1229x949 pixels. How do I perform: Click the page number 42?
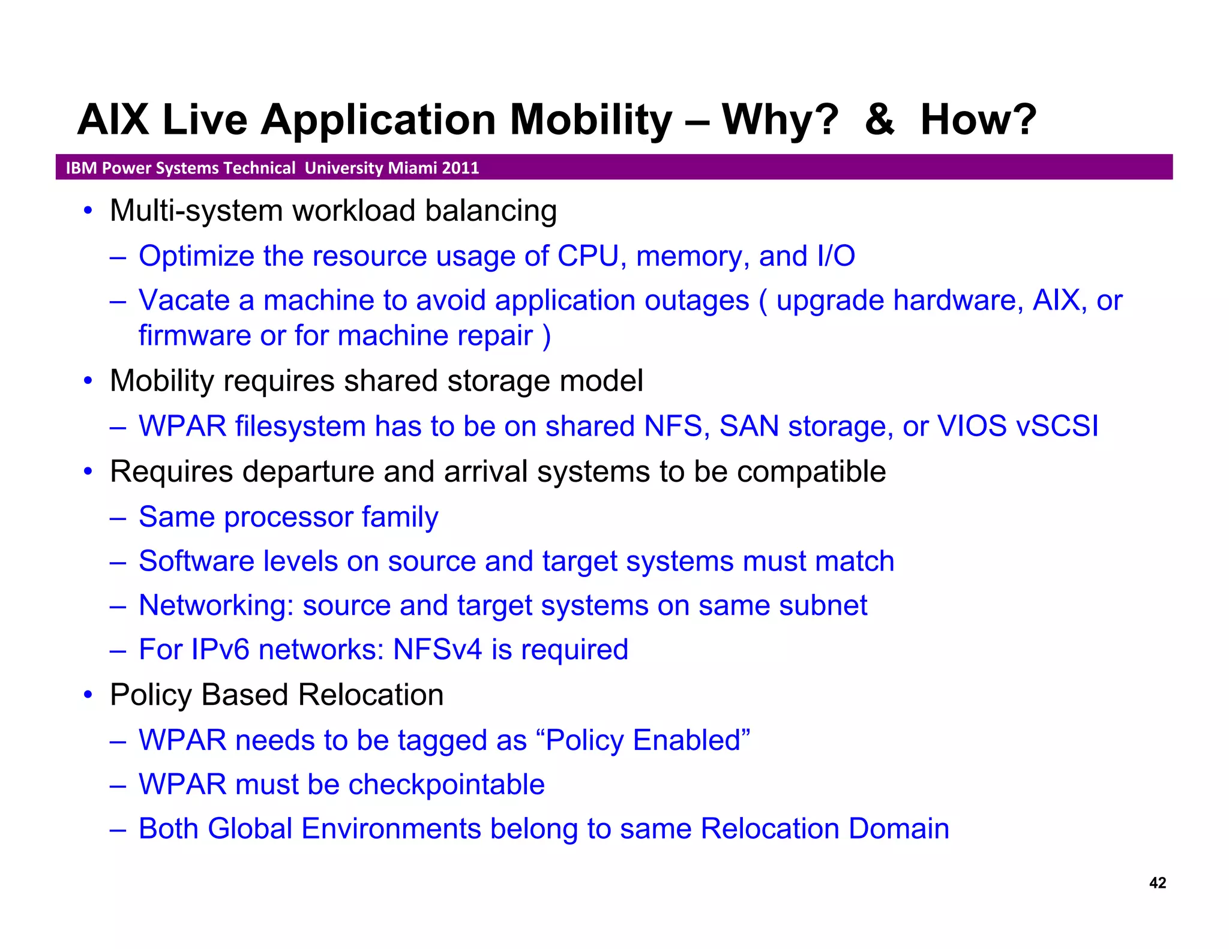click(1157, 882)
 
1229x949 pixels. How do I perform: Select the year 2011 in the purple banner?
click(460, 168)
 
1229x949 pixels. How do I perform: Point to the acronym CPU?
click(587, 256)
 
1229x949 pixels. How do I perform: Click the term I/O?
click(835, 256)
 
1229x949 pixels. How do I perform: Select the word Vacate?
click(184, 300)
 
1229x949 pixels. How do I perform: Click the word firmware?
click(194, 335)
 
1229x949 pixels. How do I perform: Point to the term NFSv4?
click(437, 650)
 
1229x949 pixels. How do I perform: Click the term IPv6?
click(220, 650)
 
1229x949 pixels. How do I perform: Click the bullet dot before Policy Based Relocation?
click(88, 695)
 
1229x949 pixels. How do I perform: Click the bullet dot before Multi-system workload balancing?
click(88, 211)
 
